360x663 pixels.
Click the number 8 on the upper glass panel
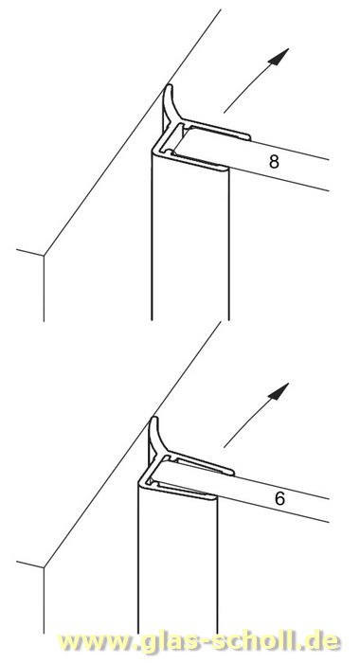point(274,162)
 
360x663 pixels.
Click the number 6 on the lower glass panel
point(279,499)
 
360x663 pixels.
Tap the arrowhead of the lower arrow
point(279,391)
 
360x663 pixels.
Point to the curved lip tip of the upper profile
point(169,87)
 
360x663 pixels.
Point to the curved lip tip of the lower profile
point(154,419)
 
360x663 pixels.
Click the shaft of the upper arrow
point(246,89)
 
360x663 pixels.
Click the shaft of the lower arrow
point(246,423)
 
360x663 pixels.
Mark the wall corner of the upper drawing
point(44,256)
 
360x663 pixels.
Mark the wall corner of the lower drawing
point(44,567)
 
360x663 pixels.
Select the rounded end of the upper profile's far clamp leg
point(248,137)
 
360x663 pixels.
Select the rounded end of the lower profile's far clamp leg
point(232,473)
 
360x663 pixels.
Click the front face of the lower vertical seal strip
point(178,563)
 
